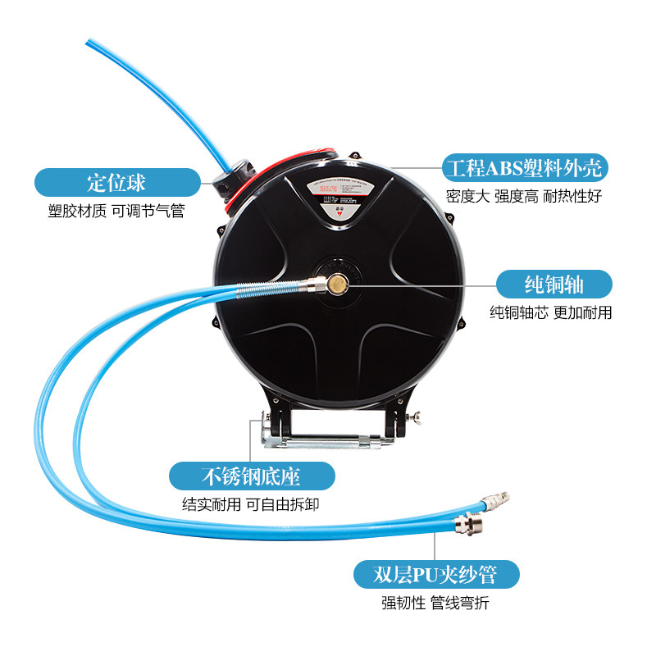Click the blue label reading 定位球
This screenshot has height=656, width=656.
[116, 182]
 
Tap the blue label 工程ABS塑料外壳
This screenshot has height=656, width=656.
[524, 168]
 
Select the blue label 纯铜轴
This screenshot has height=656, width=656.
[553, 284]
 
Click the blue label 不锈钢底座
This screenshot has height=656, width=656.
[252, 476]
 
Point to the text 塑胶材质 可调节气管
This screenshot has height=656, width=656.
[116, 212]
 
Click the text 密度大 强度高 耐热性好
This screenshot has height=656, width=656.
[524, 197]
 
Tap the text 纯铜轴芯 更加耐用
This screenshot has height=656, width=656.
[550, 312]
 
